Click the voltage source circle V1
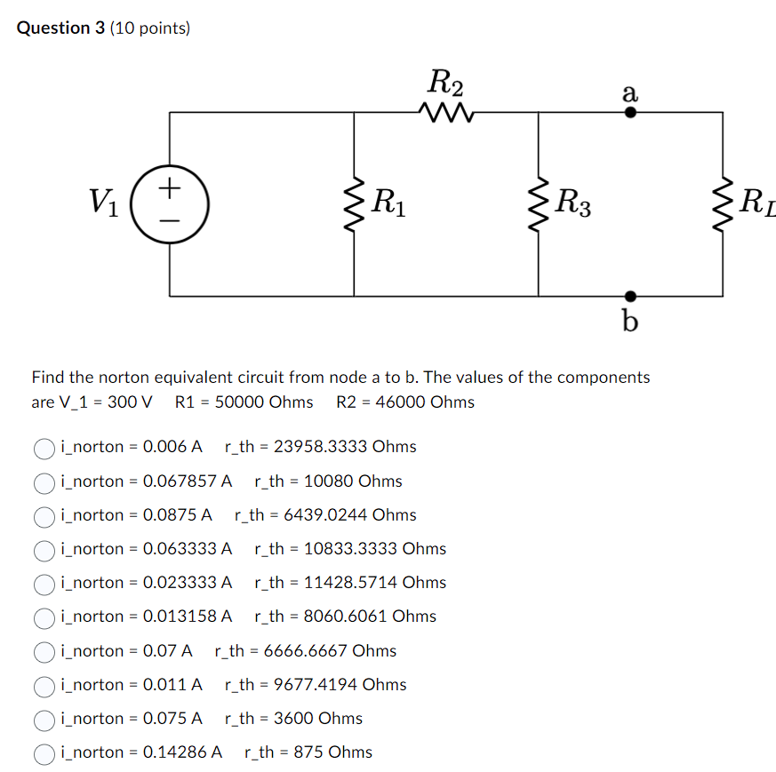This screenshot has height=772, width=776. (x=170, y=204)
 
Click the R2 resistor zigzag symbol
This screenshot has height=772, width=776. (x=444, y=113)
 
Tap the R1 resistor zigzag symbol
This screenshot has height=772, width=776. (x=355, y=204)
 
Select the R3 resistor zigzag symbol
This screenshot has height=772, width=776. (x=539, y=204)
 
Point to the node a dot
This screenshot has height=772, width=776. (x=630, y=113)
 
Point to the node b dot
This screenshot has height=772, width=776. (x=630, y=296)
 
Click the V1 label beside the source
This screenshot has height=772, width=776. (x=106, y=203)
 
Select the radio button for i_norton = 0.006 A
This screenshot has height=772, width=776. (x=44, y=447)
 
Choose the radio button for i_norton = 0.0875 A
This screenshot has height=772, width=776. (x=44, y=515)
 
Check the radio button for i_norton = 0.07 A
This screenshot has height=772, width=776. (x=44, y=651)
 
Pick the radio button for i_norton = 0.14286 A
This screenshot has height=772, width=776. (x=44, y=753)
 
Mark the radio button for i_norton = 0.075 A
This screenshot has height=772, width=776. (x=44, y=719)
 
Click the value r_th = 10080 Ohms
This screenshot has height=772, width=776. (x=328, y=482)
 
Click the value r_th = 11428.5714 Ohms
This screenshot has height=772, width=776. (x=350, y=583)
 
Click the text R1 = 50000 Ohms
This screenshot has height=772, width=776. (x=244, y=402)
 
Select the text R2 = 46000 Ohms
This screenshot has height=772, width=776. (x=405, y=402)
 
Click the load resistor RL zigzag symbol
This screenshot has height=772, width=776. (x=723, y=204)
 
